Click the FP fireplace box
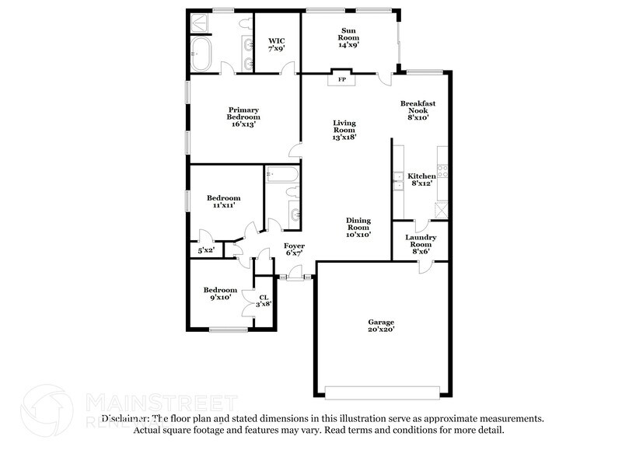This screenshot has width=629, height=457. click(x=341, y=78)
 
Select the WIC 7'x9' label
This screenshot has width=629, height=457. click(x=277, y=44)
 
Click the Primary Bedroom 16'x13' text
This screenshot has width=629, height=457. click(x=243, y=117)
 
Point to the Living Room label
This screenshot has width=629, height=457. click(x=344, y=130)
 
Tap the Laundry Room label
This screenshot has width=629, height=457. click(x=421, y=245)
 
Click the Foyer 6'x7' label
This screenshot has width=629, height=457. click(x=293, y=249)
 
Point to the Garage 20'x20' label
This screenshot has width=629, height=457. click(x=381, y=326)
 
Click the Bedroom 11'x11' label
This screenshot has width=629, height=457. click(x=222, y=202)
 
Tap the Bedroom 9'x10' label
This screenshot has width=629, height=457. click(x=220, y=295)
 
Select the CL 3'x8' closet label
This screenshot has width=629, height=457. click(x=264, y=300)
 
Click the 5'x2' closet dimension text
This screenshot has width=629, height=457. click(x=205, y=251)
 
